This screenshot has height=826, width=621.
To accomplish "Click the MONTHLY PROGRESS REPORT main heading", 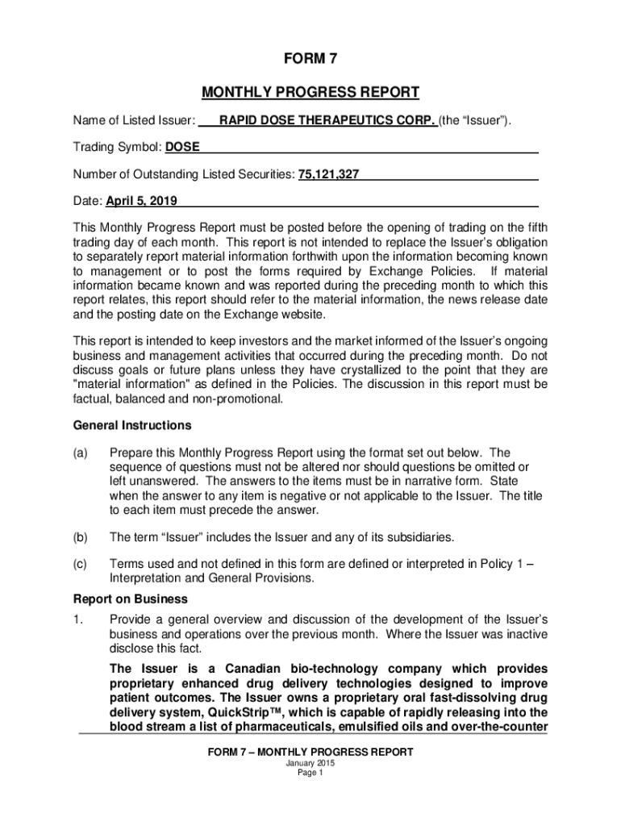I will (310, 92).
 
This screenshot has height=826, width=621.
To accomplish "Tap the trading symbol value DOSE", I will (183, 147).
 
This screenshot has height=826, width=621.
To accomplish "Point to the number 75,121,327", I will (329, 173).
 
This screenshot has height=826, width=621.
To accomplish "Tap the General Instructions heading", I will (132, 425).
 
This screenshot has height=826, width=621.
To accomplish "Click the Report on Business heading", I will (131, 599).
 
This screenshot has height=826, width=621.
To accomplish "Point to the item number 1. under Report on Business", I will (78, 619).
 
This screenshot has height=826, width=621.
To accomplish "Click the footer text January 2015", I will (310, 763).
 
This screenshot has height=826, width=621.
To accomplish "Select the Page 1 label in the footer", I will (310, 773).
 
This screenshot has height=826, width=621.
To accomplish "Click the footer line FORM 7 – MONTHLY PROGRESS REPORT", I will (310, 752).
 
